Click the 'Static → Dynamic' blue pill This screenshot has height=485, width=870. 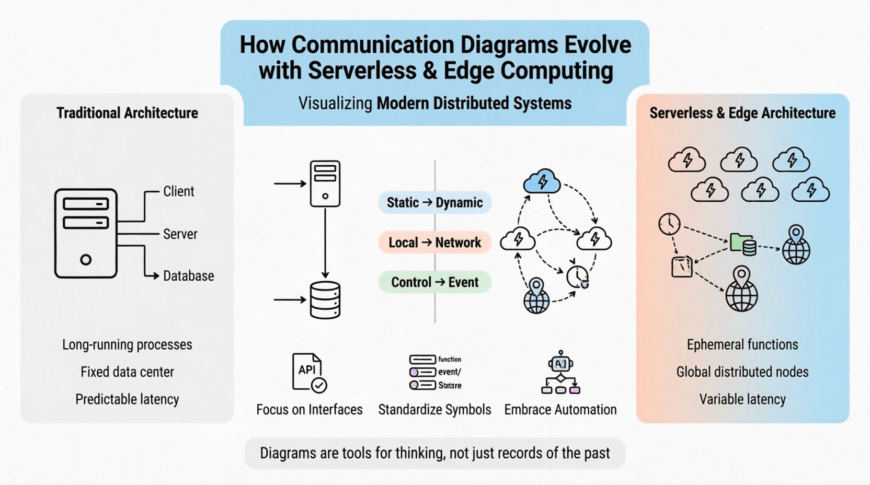click(434, 203)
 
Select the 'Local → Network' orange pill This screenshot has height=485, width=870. click(434, 243)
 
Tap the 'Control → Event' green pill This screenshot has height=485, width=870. click(434, 282)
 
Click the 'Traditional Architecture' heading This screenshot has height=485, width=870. click(127, 113)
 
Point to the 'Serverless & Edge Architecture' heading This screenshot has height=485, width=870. click(742, 113)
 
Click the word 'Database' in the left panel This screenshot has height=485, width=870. click(188, 276)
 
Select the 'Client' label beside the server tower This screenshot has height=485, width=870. click(178, 192)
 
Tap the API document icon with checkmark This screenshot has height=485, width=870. click(308, 373)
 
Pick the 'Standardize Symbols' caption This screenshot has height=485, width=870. click(434, 410)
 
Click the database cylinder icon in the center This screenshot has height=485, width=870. click(325, 300)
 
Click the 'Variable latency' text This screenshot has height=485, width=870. click(742, 399)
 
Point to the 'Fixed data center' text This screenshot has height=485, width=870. click(127, 372)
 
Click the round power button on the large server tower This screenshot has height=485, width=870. click(86, 260)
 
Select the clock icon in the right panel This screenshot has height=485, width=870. click(669, 224)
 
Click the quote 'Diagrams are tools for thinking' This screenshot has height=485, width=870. click(434, 453)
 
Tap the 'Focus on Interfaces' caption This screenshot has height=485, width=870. click(309, 410)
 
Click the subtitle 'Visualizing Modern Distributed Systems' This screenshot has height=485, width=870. click(434, 103)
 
